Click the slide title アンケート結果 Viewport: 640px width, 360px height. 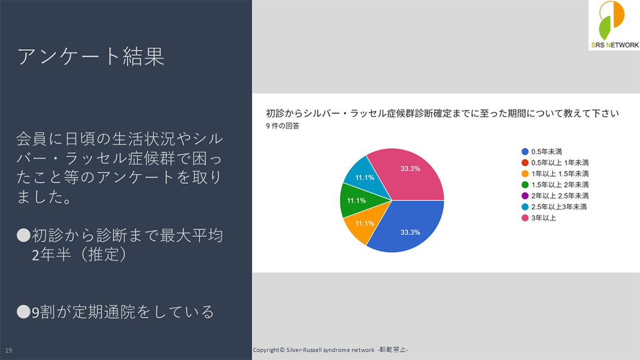point(91,56)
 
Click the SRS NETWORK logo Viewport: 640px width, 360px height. point(613,25)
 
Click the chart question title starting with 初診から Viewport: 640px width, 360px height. point(442,114)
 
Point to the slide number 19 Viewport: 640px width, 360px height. point(9,350)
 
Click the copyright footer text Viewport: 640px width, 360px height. point(330,350)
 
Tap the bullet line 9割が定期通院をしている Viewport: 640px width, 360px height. point(115,312)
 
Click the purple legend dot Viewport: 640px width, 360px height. point(525,196)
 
